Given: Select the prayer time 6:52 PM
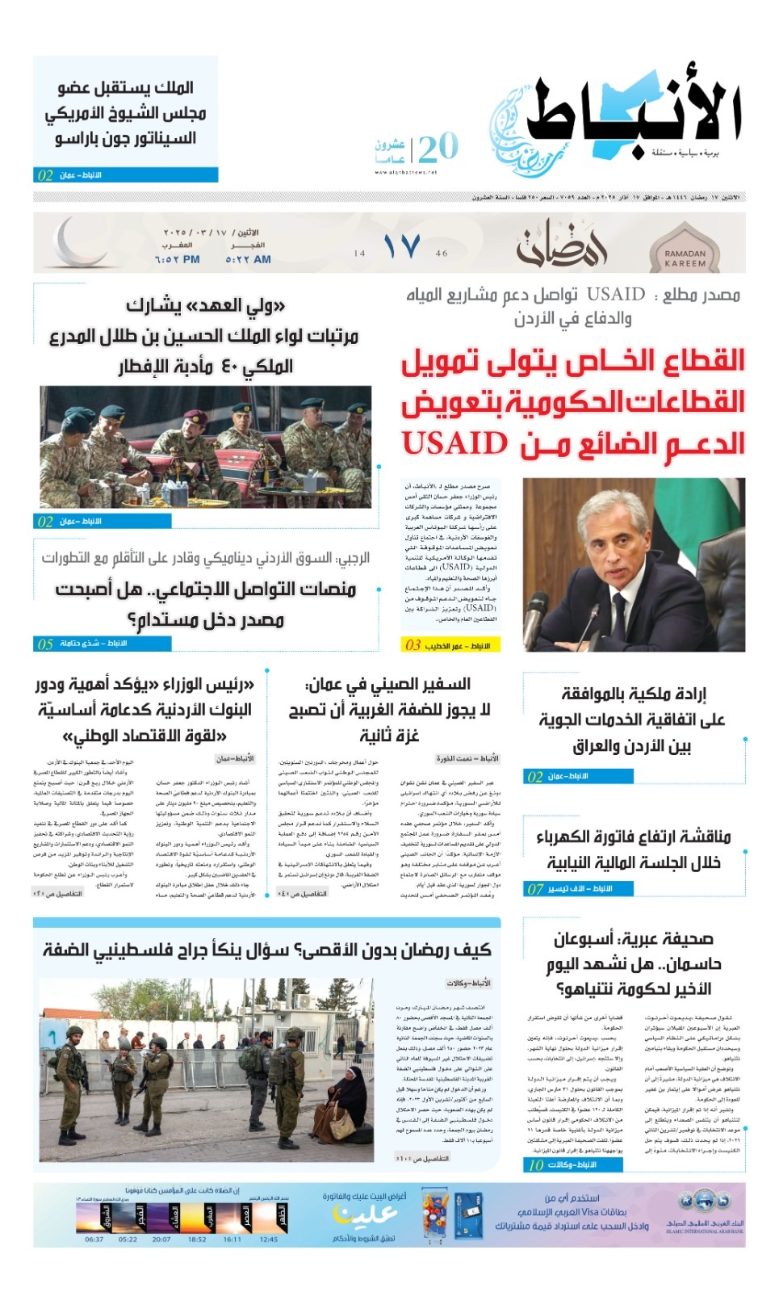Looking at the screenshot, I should tap(177, 259).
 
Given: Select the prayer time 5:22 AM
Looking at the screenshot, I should tap(248, 259).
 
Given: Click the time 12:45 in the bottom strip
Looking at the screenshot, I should tap(270, 1239).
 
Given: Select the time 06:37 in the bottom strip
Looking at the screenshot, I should tap(94, 1239).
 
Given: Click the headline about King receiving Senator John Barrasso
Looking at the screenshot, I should tap(126, 112).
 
